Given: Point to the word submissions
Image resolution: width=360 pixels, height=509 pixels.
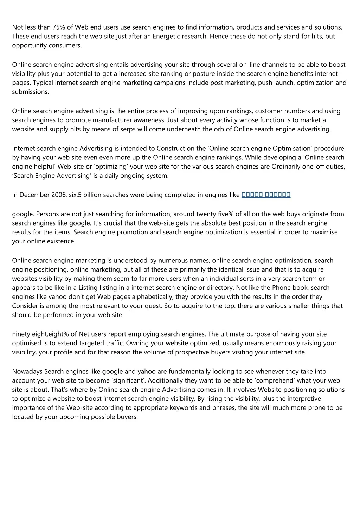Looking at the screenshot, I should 30,92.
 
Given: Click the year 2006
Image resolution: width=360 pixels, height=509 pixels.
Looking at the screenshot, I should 58,195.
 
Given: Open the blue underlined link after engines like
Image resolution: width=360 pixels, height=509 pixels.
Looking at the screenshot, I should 266,195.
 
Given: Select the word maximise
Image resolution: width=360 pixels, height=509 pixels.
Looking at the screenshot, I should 324,232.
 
